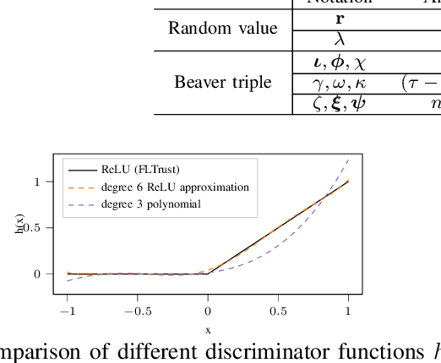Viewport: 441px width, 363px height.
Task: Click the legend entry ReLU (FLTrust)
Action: (x=161, y=168)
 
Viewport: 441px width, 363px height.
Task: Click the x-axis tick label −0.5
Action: (x=137, y=311)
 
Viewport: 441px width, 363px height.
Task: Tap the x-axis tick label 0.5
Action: (x=278, y=311)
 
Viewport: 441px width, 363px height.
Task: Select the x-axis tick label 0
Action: (x=208, y=311)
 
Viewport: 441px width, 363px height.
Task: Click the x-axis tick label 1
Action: (x=348, y=311)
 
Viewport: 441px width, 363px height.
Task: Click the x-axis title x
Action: (x=208, y=329)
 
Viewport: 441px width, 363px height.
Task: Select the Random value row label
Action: (x=222, y=28)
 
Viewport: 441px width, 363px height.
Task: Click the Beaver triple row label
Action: (x=223, y=83)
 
